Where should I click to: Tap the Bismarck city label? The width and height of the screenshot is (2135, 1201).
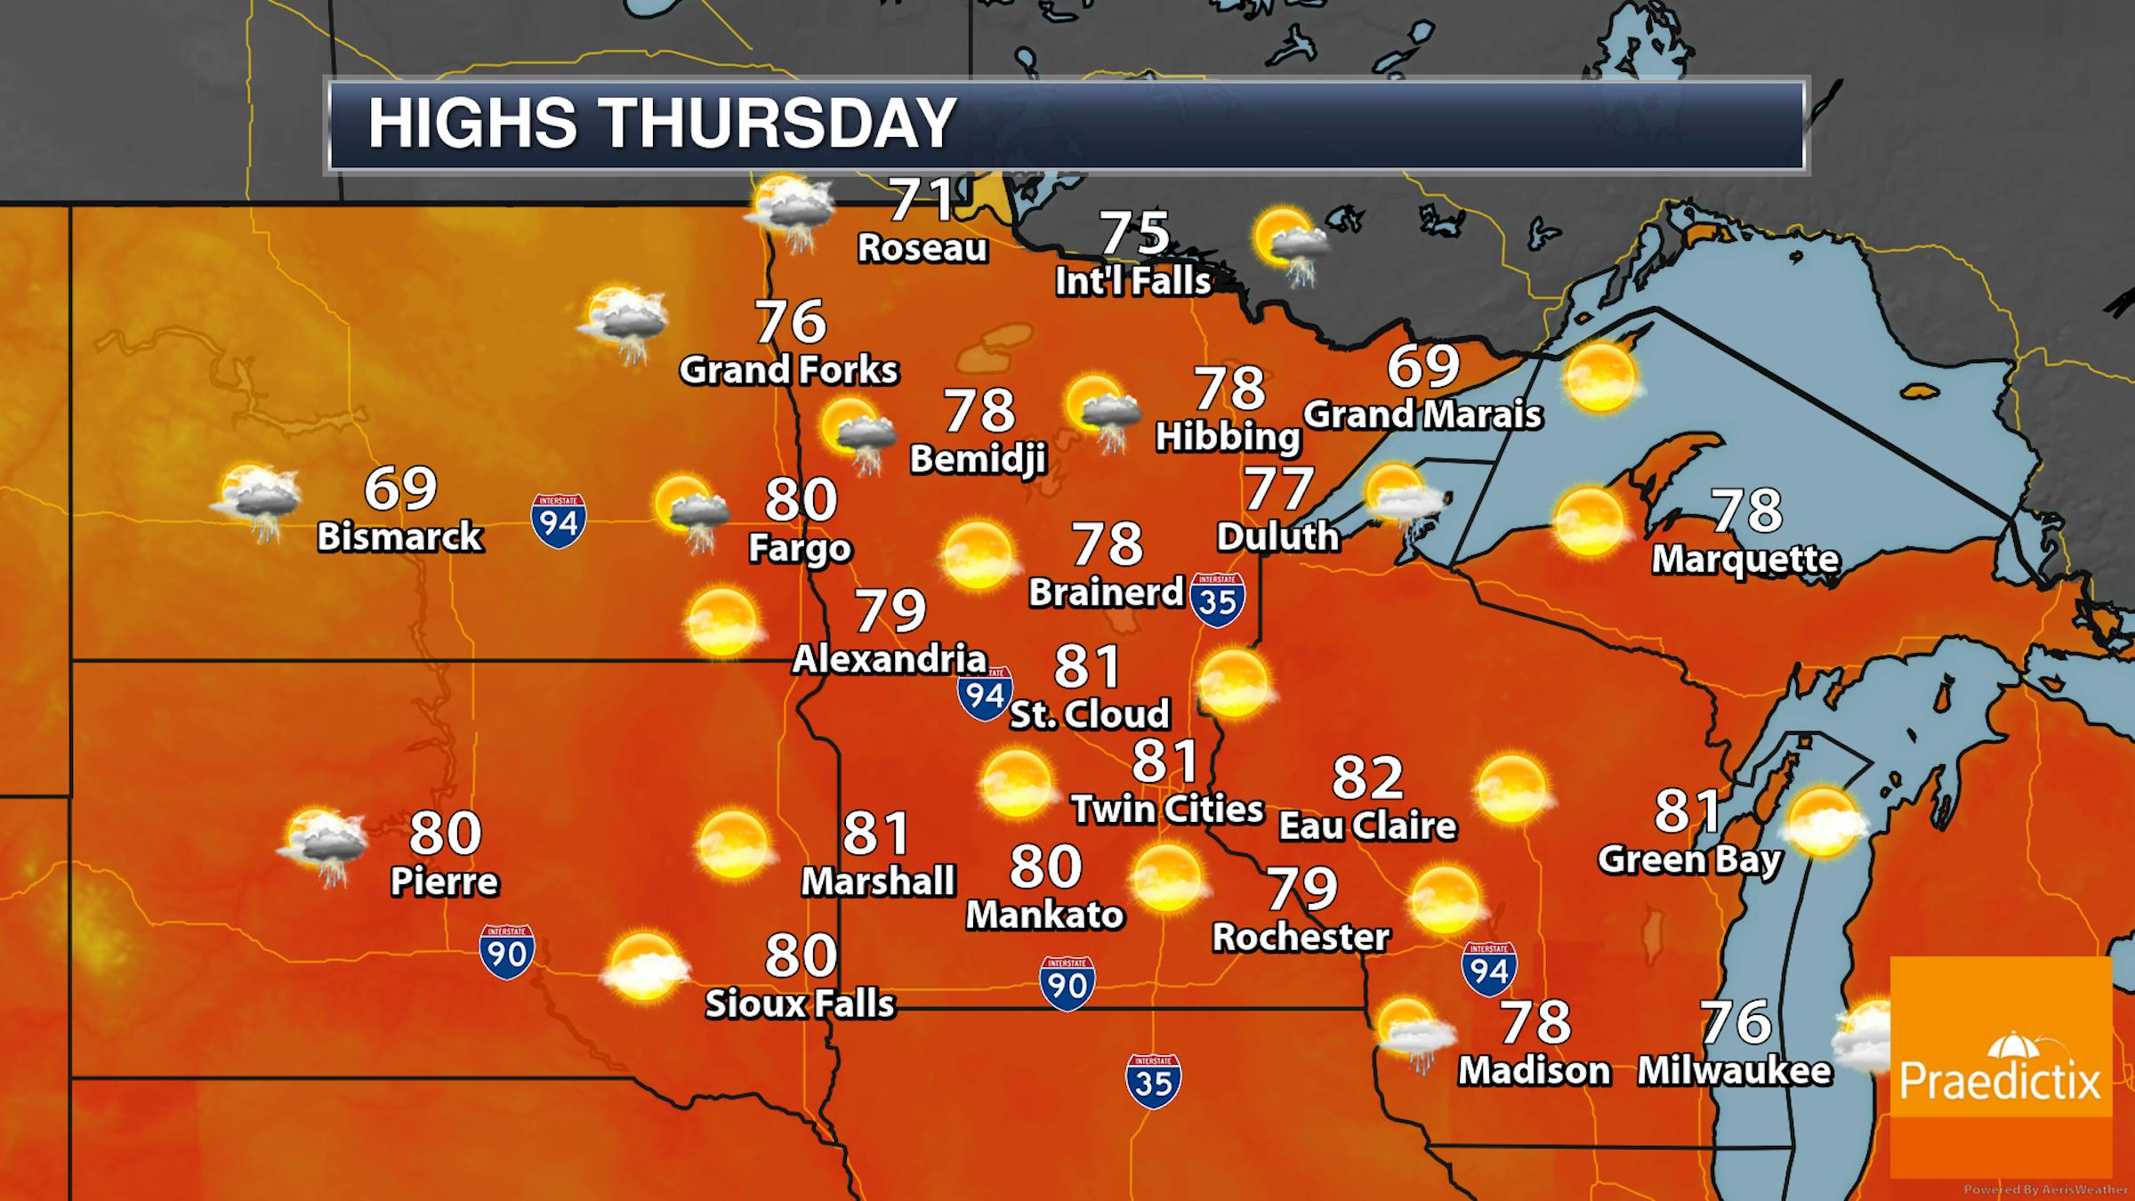(400, 536)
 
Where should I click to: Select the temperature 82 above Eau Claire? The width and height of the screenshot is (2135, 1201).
(1367, 777)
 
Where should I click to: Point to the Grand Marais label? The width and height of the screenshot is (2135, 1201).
(1422, 415)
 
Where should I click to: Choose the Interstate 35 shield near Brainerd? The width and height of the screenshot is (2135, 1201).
(1217, 600)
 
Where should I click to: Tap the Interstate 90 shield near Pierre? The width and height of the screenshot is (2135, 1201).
(506, 952)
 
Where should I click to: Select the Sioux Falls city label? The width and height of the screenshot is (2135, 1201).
(800, 1004)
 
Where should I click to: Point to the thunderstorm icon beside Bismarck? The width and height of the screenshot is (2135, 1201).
(256, 501)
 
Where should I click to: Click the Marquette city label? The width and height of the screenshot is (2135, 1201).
(1745, 559)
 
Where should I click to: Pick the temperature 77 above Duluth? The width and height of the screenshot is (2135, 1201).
(1278, 488)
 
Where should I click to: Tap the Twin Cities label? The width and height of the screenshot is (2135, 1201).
(1167, 809)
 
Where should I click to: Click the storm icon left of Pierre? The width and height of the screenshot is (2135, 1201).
(325, 845)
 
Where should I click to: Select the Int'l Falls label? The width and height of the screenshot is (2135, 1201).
(1133, 281)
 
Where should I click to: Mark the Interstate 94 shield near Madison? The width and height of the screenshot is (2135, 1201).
(1488, 969)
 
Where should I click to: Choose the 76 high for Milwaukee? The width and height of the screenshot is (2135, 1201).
(1736, 1022)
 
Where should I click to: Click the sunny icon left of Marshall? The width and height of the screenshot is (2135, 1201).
(733, 843)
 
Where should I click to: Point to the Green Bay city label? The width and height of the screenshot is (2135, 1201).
(1689, 859)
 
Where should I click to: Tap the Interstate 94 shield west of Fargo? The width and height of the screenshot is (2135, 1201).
(559, 520)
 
